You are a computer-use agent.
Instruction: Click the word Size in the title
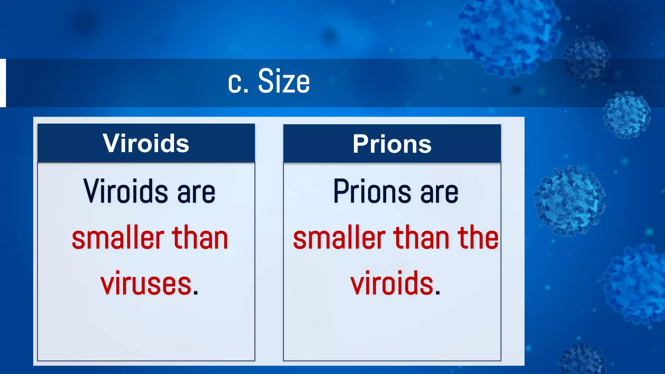284,81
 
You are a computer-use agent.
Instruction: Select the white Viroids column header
146,143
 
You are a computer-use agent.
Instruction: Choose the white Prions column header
392,144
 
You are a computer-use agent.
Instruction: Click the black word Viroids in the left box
126,191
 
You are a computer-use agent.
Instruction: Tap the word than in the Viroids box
200,238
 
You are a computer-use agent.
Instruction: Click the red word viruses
146,284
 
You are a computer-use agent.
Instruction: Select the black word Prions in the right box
372,191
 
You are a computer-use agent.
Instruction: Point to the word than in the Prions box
421,238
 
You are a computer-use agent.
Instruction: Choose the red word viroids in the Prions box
392,283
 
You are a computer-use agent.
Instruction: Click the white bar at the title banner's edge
3,83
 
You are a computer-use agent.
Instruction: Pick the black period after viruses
195,293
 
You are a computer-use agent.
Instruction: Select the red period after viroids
438,293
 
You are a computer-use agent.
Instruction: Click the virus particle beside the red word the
570,201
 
